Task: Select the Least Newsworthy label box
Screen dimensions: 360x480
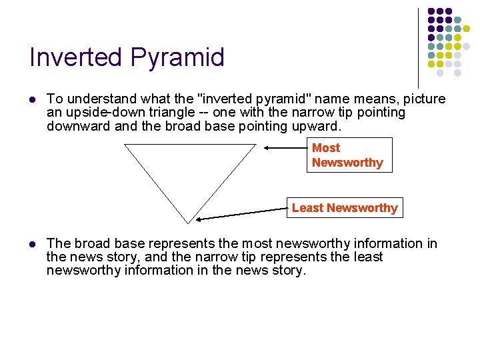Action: tap(344, 208)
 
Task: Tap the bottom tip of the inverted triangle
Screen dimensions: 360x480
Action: tap(189, 223)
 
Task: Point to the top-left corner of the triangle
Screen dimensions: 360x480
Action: tap(125, 145)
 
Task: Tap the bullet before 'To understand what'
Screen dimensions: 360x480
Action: tap(32, 99)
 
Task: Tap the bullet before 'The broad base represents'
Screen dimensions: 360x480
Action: tap(32, 244)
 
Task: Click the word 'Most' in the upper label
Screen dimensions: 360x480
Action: tap(326, 148)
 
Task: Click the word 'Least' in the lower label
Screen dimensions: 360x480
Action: tap(307, 208)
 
